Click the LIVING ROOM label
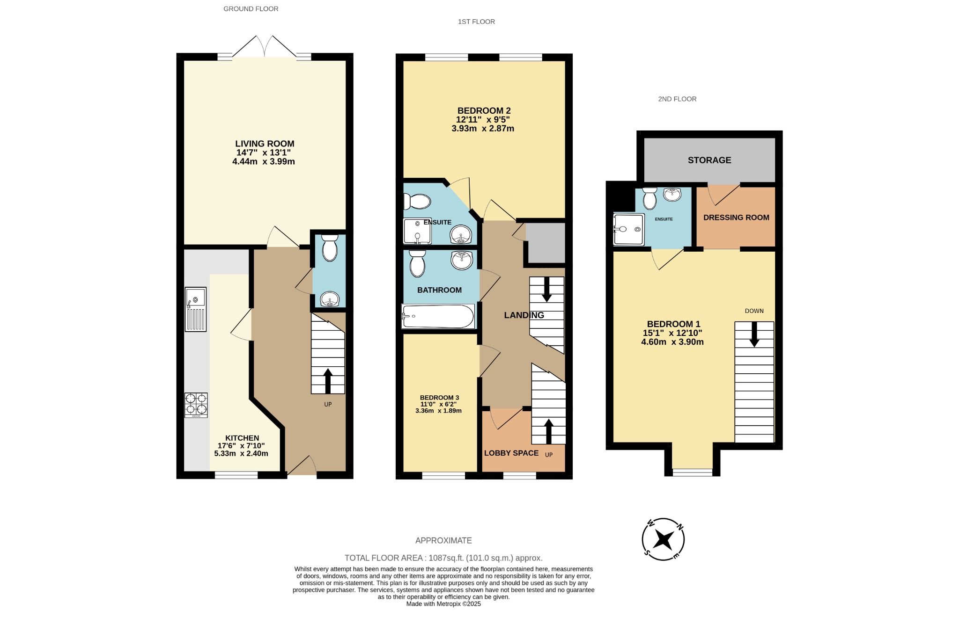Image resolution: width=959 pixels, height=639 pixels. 265,144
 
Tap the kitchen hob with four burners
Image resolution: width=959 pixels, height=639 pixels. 196,405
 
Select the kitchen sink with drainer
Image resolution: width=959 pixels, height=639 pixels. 195,309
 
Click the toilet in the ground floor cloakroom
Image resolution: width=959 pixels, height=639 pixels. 330,248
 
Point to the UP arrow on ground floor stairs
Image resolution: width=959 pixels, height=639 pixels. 328,380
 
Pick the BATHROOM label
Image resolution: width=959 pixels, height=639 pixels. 439,290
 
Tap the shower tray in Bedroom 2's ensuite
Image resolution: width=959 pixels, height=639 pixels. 417,231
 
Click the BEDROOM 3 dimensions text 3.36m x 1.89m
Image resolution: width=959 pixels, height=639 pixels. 438,411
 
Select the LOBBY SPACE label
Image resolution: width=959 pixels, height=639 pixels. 511,453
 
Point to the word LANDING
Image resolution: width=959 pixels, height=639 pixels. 524,315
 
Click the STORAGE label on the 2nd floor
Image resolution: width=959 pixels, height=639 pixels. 709,160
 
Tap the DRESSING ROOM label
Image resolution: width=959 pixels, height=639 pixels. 736,218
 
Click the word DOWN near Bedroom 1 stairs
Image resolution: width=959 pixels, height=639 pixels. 754,311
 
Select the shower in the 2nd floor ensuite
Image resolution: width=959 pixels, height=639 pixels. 628,229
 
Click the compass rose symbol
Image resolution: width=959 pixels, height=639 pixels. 663,539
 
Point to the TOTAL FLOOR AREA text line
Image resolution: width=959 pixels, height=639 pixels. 443,558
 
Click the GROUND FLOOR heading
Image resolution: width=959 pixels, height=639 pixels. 251,9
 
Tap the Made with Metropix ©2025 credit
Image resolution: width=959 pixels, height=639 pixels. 443,604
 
